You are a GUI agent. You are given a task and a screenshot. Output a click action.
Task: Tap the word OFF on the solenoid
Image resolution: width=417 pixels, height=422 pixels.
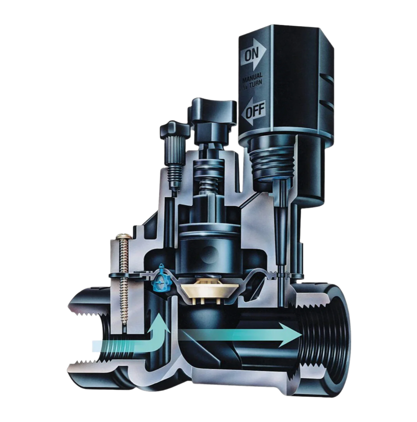tap(255, 110)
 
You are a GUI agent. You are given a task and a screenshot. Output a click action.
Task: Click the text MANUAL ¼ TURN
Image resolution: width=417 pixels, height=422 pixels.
tap(252, 78)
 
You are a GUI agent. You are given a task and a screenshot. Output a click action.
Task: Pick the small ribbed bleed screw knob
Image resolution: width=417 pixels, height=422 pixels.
tap(174, 143)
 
